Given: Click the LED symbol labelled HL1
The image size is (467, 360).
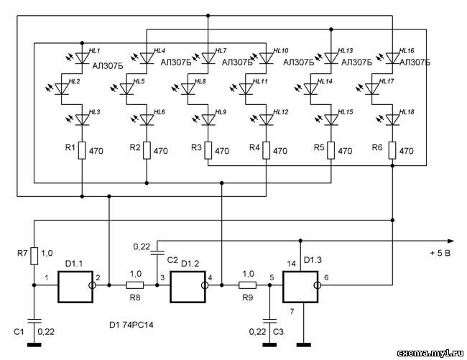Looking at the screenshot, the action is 82,58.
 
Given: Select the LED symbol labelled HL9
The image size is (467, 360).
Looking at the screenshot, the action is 208,119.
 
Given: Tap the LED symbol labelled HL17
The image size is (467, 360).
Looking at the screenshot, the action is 371,88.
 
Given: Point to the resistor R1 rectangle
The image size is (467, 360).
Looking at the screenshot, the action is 82,151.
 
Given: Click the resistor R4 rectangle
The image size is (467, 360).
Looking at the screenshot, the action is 267,151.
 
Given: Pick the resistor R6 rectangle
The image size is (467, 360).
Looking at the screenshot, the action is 392,151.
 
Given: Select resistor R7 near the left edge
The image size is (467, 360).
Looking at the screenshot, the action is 34,256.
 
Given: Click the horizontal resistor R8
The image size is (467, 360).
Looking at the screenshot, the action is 135,285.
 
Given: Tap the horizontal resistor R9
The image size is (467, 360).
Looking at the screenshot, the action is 247,285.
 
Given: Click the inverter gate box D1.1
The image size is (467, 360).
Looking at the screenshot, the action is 75,287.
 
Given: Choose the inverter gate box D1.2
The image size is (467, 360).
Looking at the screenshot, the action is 188,287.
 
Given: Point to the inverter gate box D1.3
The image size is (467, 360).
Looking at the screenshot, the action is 300,287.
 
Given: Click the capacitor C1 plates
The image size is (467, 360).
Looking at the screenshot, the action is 34,321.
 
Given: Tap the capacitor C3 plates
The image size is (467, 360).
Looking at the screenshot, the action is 269,321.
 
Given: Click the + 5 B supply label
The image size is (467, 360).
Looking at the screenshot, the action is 440,254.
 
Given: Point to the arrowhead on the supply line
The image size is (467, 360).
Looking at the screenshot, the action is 451,241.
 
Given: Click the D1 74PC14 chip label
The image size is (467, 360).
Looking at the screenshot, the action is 131,325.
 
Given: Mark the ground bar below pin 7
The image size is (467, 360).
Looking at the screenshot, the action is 304,345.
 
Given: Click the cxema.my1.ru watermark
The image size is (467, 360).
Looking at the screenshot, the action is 430,353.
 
